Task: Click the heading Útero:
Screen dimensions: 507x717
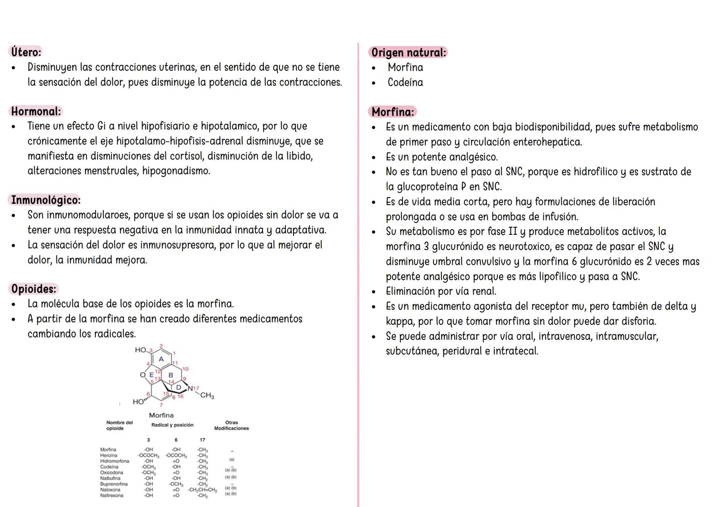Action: pyautogui.click(x=26, y=52)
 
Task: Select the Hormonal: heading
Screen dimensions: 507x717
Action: pyautogui.click(x=36, y=112)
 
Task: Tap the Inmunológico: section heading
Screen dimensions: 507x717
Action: pyautogui.click(x=46, y=200)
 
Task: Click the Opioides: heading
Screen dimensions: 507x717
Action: pyautogui.click(x=34, y=289)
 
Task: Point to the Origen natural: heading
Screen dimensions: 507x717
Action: pyautogui.click(x=409, y=53)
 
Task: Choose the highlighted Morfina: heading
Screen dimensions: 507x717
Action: pyautogui.click(x=393, y=112)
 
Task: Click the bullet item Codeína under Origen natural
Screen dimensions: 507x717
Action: pyautogui.click(x=405, y=83)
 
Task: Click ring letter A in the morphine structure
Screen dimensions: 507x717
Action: pyautogui.click(x=161, y=359)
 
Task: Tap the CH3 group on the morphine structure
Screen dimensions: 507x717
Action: pyautogui.click(x=207, y=396)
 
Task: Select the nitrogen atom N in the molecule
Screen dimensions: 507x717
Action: pyautogui.click(x=190, y=388)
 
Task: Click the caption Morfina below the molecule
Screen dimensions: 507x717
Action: pyautogui.click(x=161, y=415)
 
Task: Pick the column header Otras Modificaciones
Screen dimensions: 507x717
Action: pyautogui.click(x=231, y=425)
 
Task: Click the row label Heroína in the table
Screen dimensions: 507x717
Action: pyautogui.click(x=109, y=455)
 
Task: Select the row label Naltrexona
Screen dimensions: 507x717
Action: pyautogui.click(x=112, y=495)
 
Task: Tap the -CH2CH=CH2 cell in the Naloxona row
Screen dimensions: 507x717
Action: pyautogui.click(x=202, y=490)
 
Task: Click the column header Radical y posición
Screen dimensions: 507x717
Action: pyautogui.click(x=172, y=425)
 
